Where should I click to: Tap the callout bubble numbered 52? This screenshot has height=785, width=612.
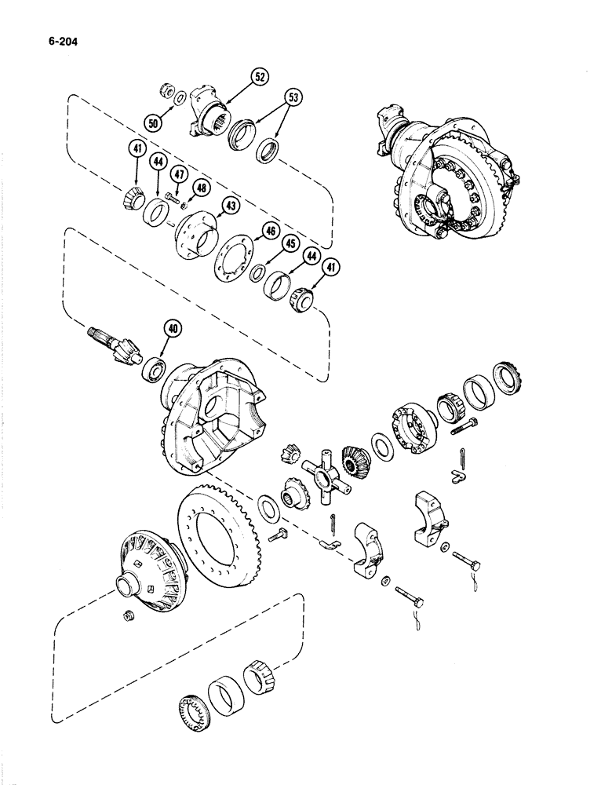pyautogui.click(x=259, y=77)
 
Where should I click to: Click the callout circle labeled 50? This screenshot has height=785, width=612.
pyautogui.click(x=153, y=121)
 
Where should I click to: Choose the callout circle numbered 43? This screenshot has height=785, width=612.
pyautogui.click(x=231, y=206)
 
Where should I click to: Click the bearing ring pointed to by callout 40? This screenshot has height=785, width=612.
pyautogui.click(x=152, y=368)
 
